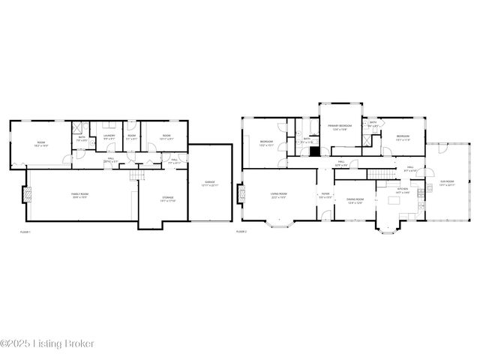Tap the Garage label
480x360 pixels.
coord(209,183)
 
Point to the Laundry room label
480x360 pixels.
coord(109,136)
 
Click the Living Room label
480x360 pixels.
coord(279,195)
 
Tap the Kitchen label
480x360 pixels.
coord(403,193)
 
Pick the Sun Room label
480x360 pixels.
coord(448,183)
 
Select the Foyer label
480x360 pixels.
coord(325,195)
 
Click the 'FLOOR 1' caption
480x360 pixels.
coord(25,232)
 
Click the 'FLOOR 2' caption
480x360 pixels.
coord(241,232)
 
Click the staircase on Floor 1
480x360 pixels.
coord(135,175)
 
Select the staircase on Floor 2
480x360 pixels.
coord(380,175)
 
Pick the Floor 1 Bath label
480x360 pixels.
coord(82,138)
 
